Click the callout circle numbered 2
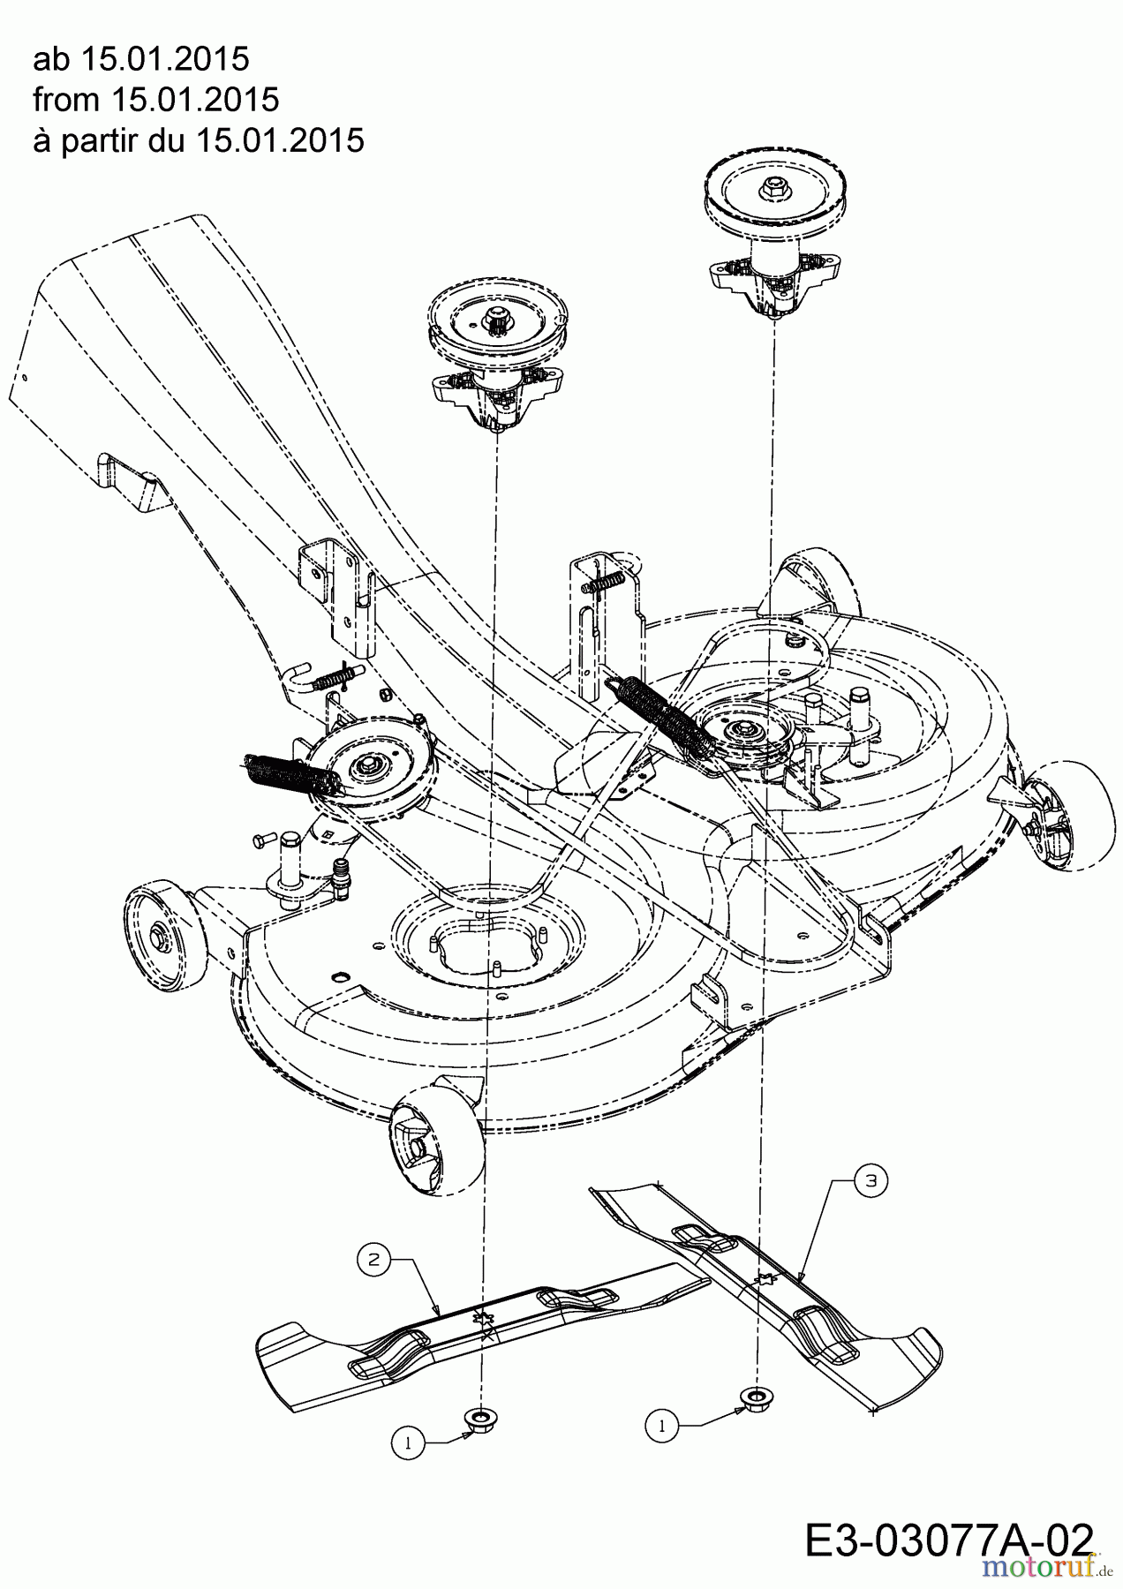[373, 1259]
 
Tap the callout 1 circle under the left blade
[407, 1443]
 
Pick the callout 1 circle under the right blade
[662, 1424]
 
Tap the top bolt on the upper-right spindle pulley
[773, 187]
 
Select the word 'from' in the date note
[66, 100]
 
